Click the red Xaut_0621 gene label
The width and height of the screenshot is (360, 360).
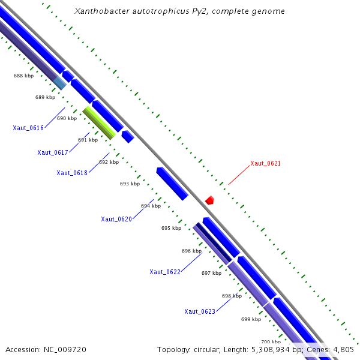pyautogui.click(x=265, y=163)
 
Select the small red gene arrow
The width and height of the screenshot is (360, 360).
pyautogui.click(x=209, y=200)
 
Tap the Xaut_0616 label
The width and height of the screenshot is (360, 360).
pyautogui.click(x=28, y=128)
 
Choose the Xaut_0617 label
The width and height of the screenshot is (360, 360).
pyautogui.click(x=53, y=152)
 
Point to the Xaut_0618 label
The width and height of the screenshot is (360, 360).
pyautogui.click(x=72, y=173)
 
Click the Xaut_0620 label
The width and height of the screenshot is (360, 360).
pyautogui.click(x=116, y=219)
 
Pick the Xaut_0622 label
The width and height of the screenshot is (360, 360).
pyautogui.click(x=165, y=272)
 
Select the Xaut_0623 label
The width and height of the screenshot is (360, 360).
pyautogui.click(x=200, y=311)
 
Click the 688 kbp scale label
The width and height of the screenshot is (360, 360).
pyautogui.click(x=23, y=76)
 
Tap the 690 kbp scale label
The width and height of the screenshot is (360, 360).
pyautogui.click(x=67, y=118)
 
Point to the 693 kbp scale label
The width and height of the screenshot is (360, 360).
pyautogui.click(x=130, y=184)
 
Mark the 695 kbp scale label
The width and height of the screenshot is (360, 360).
pyautogui.click(x=171, y=228)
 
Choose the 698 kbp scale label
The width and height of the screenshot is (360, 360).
pyautogui.click(x=232, y=296)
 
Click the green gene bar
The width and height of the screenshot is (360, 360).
pyautogui.click(x=99, y=122)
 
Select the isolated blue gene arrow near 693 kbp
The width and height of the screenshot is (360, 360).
pyautogui.click(x=172, y=184)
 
